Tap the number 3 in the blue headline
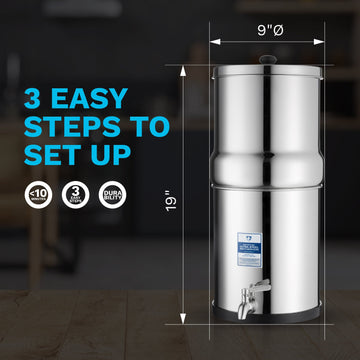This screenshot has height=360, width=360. pos(35,100)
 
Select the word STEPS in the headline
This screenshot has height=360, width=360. pos(65,129)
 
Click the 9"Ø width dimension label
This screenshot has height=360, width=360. pos(267,29)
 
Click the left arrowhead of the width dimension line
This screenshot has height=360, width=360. pos(214,43)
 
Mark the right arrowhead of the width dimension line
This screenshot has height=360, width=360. pos(322,43)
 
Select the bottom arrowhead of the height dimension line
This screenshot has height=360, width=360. pos(184,323)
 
